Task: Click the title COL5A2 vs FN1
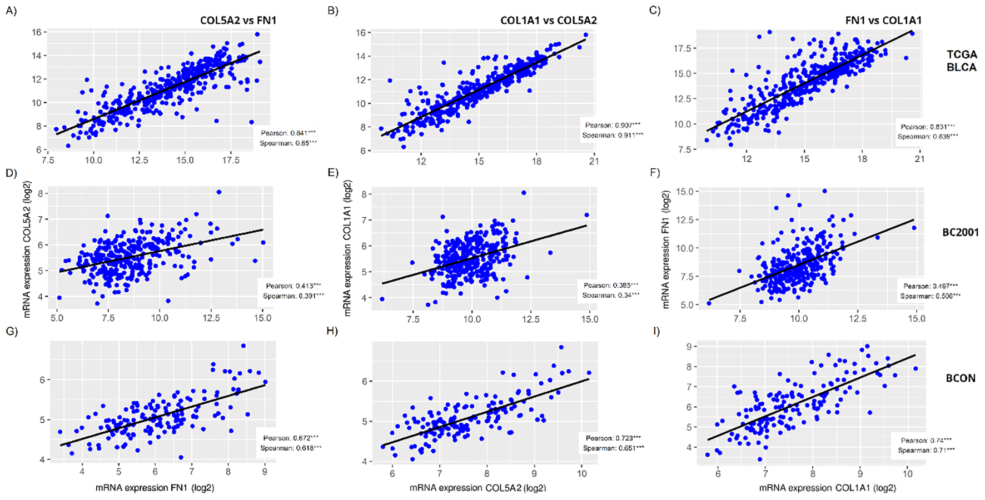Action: (x=238, y=21)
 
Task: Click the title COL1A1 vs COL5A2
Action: (x=548, y=21)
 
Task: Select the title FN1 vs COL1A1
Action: (x=883, y=21)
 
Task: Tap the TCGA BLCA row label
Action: (x=961, y=61)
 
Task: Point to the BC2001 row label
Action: (x=960, y=232)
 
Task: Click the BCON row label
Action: (x=961, y=378)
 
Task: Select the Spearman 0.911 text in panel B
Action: (x=611, y=136)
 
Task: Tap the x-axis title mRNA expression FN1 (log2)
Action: (x=155, y=488)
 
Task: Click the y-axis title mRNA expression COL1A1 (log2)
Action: (x=348, y=248)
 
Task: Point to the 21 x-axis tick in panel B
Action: (x=594, y=161)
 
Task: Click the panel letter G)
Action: (x=12, y=332)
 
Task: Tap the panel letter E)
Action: (x=333, y=173)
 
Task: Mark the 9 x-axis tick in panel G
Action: (x=265, y=472)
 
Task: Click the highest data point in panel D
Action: (x=218, y=192)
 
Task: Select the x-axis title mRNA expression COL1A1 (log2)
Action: (x=827, y=488)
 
